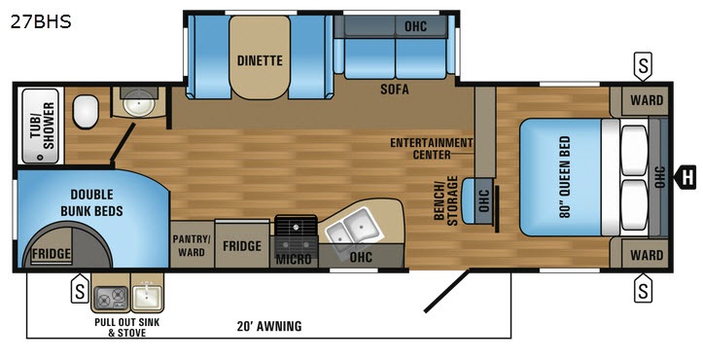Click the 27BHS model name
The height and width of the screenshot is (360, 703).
click(41, 21)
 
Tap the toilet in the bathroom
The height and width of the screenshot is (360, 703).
click(86, 111)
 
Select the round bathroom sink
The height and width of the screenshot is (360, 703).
click(133, 106)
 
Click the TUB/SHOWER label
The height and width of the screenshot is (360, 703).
click(43, 126)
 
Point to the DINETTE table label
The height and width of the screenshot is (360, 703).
click(260, 60)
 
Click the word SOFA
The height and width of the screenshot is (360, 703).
click(395, 89)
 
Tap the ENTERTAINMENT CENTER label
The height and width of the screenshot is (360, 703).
click(432, 149)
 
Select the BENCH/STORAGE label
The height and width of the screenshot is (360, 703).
click(445, 200)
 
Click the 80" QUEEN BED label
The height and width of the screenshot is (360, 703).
click(565, 176)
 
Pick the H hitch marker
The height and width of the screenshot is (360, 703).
click(685, 177)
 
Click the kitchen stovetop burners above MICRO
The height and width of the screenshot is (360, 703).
click(296, 236)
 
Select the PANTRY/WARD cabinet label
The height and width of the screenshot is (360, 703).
click(192, 245)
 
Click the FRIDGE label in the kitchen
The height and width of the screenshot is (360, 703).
click(242, 245)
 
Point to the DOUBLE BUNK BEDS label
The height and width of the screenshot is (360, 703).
click(92, 202)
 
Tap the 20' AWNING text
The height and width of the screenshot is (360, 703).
click(269, 326)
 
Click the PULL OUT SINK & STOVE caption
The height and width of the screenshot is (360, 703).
click(126, 327)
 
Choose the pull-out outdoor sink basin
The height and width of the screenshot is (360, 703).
click(147, 297)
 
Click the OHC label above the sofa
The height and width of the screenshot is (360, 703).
click(415, 26)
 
